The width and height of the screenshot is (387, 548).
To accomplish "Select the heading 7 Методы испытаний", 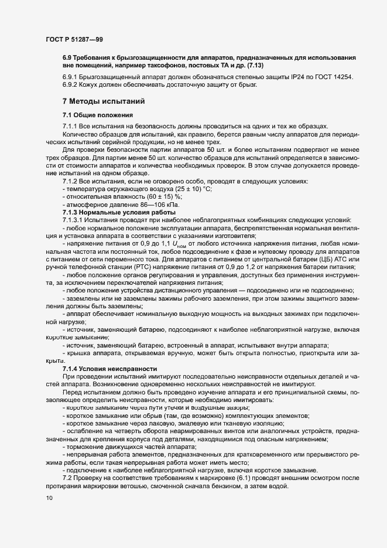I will [104, 101].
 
